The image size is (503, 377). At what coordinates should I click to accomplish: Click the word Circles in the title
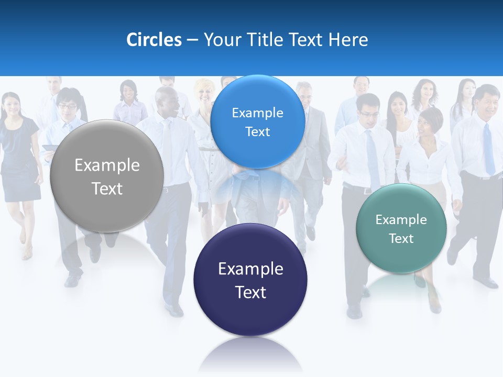point(154,40)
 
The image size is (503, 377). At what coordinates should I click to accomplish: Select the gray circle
point(107,176)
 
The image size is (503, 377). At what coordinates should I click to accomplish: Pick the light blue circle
point(257,121)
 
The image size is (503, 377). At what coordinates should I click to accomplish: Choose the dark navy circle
point(250,280)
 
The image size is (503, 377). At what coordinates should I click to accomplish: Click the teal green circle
point(401,228)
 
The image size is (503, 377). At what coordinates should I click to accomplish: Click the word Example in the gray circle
point(107,165)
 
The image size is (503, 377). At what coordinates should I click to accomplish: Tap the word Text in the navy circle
point(250,292)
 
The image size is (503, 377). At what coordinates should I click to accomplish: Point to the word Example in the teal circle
point(401,220)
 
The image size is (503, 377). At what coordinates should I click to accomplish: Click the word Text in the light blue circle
point(257,132)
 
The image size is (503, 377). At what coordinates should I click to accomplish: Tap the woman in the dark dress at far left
point(20,157)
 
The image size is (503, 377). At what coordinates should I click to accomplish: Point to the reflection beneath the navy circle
point(250,353)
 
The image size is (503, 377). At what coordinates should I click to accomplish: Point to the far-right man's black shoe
point(486,283)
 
